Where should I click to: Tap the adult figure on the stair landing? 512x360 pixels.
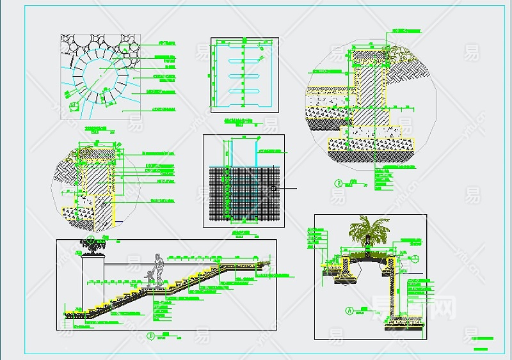[158, 269]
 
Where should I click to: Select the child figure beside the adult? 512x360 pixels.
[149, 278]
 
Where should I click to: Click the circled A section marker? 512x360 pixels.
[349, 311]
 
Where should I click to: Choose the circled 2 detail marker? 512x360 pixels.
[337, 184]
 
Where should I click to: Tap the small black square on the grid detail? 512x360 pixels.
[273, 189]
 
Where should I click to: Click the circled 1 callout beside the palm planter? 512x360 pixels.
[414, 258]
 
